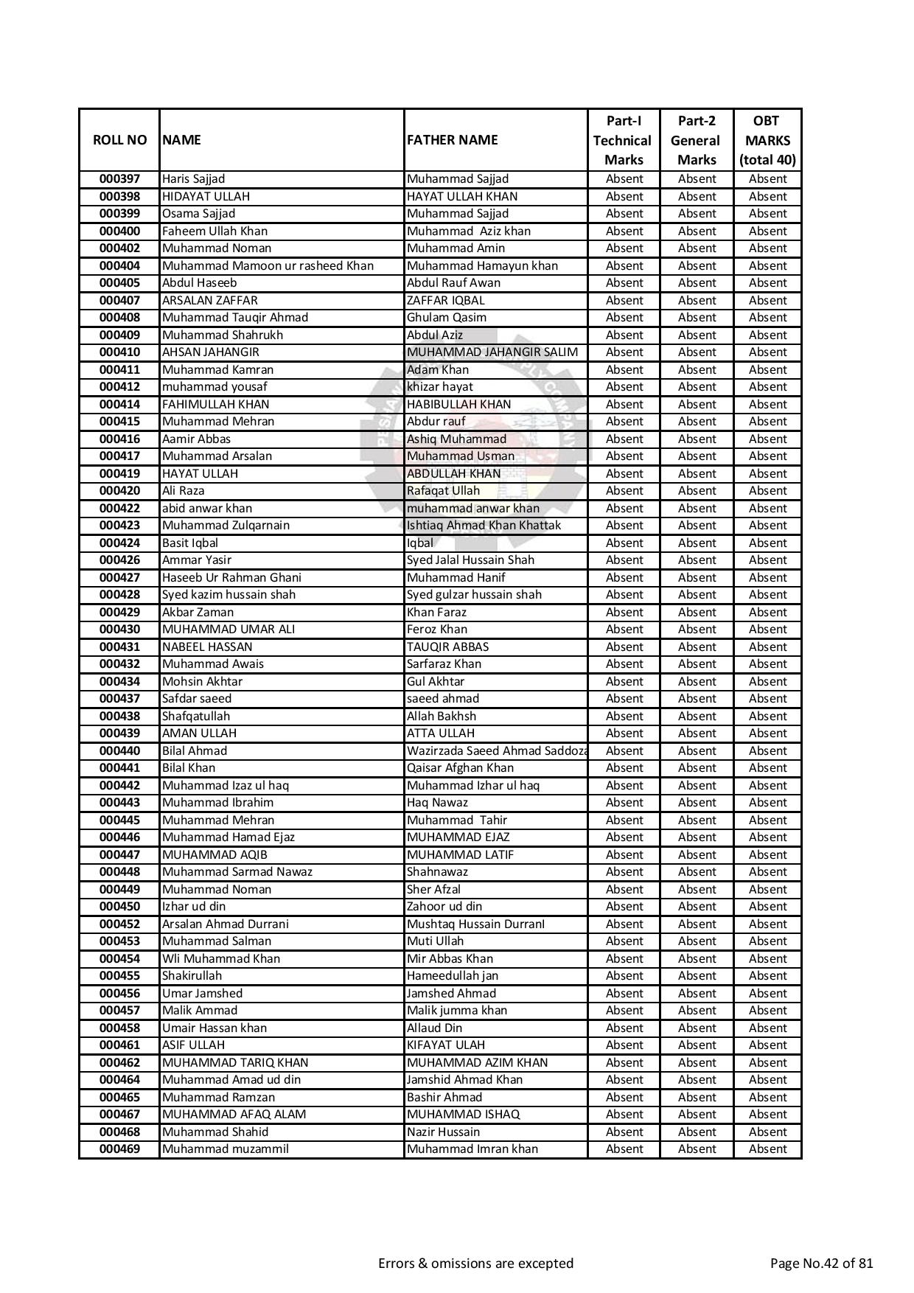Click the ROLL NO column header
119,140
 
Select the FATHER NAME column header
452,140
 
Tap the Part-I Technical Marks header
623,140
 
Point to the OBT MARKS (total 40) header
767,140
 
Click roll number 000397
119,179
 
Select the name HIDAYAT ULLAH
206,197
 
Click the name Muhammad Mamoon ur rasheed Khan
268,266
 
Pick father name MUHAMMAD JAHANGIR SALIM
492,352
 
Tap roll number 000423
119,526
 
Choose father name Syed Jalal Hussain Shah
470,560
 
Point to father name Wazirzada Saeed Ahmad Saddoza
496,751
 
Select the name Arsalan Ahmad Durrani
225,924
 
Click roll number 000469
119,1149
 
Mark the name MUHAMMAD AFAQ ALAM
234,1115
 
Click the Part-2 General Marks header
696,140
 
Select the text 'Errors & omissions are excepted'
475,1264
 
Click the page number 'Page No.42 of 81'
821,1264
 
